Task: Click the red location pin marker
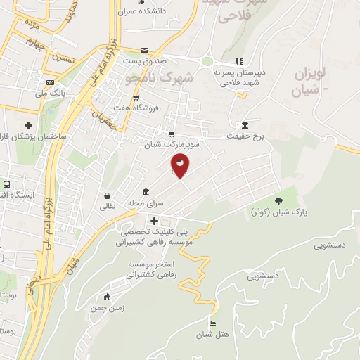[x=181, y=166]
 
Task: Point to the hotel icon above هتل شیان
[x=212, y=323]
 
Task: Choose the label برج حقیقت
[x=245, y=136]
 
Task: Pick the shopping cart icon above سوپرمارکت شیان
[x=171, y=133]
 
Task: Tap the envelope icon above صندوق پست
[x=144, y=50]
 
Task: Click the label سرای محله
[x=146, y=203]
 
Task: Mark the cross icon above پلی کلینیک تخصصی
[x=153, y=221]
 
